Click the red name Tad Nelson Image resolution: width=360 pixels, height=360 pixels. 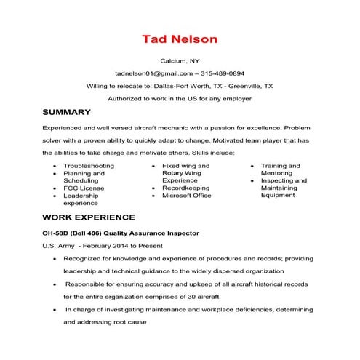179,37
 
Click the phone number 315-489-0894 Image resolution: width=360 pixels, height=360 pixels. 223,73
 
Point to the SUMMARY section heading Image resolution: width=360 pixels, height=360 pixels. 66,112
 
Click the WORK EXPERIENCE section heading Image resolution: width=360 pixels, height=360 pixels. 89,217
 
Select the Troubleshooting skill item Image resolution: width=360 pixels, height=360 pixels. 89,166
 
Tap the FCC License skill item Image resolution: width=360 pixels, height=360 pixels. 84,188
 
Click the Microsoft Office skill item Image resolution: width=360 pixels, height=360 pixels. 187,195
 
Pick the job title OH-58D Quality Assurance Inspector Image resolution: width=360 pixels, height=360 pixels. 121,233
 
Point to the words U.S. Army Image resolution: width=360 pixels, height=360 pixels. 58,246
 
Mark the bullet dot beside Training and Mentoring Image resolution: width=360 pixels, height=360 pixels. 252,167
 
